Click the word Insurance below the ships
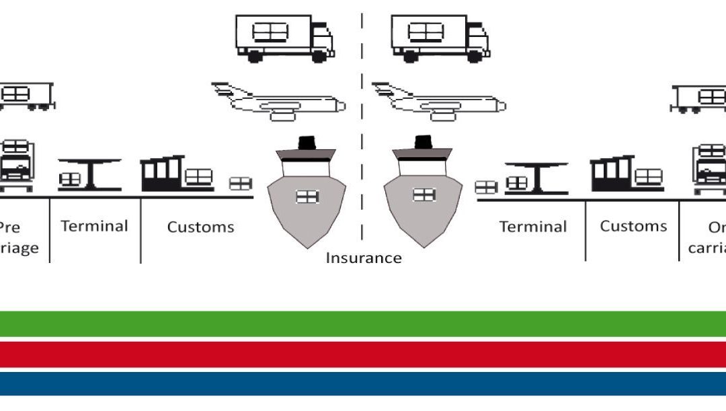(x=363, y=258)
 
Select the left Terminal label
(x=94, y=226)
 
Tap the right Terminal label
(x=532, y=227)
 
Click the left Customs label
(x=200, y=227)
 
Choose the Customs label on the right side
(x=633, y=226)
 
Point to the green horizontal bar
(x=363, y=324)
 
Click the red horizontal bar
(x=363, y=354)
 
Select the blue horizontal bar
(x=363, y=383)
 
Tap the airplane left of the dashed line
(x=278, y=102)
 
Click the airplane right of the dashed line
(x=438, y=102)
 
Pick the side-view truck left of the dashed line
(x=284, y=38)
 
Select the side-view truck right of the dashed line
(x=440, y=38)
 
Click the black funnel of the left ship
(x=307, y=143)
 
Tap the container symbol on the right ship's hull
(x=424, y=195)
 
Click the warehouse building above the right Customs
(x=612, y=174)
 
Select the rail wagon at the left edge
(x=26, y=96)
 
